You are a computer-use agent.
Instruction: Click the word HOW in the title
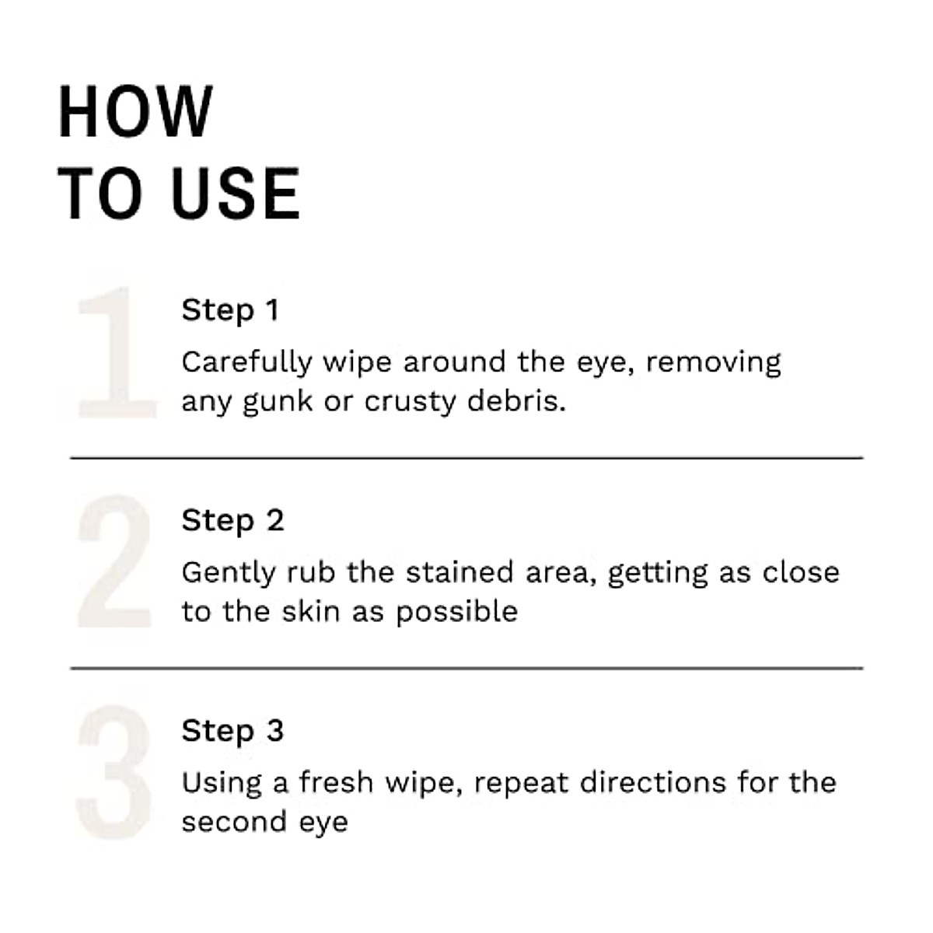pos(135,113)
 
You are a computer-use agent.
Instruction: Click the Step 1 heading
pos(229,310)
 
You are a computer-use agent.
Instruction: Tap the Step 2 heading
pos(232,520)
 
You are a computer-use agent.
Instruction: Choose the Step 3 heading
pos(232,731)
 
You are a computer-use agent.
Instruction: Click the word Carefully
pos(246,363)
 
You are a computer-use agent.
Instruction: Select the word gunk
pos(277,403)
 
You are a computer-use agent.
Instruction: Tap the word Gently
pos(228,574)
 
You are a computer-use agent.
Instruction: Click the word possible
pos(456,613)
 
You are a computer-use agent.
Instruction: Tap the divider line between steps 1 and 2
pos(466,458)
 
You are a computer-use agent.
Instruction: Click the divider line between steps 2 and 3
pos(466,668)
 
